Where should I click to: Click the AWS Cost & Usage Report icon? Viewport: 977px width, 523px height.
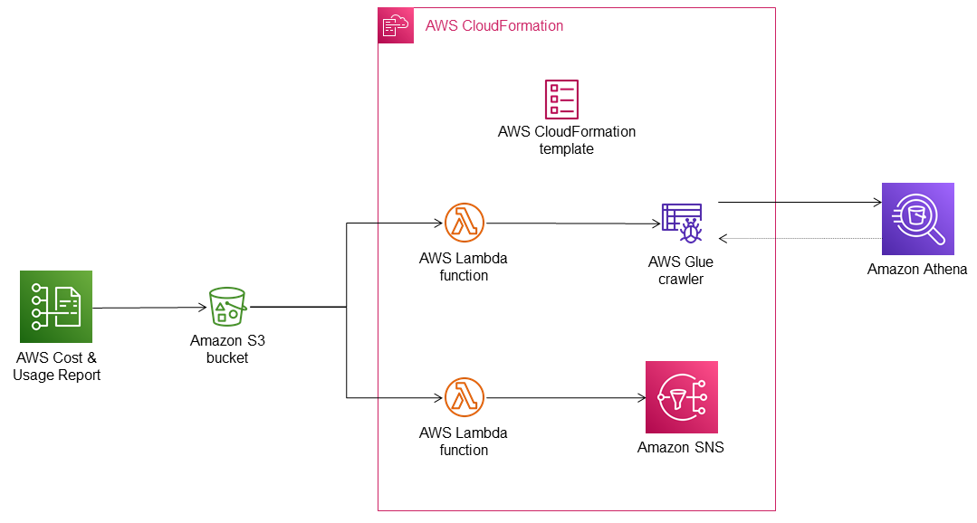[x=56, y=307]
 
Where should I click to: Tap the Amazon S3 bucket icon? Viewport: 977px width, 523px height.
[x=227, y=307]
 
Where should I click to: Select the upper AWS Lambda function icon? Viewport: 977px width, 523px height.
[x=465, y=223]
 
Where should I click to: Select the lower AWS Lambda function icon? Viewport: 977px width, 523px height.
[x=465, y=397]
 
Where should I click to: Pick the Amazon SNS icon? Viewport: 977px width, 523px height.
[x=681, y=397]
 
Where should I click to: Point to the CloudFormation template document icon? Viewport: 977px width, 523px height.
[x=561, y=99]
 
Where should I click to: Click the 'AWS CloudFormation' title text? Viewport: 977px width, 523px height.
[x=494, y=25]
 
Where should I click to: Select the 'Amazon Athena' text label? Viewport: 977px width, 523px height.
[x=917, y=269]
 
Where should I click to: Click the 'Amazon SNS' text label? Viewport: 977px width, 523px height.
[x=681, y=447]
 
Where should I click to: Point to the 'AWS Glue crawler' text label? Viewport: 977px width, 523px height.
[x=681, y=271]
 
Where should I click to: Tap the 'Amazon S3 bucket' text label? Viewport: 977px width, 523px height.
[x=227, y=349]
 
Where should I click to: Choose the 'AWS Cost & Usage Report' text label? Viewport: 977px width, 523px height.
[x=56, y=366]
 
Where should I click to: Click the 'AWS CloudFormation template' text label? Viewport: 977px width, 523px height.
[x=567, y=140]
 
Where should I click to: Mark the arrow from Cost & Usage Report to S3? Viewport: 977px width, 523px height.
[x=149, y=309]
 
